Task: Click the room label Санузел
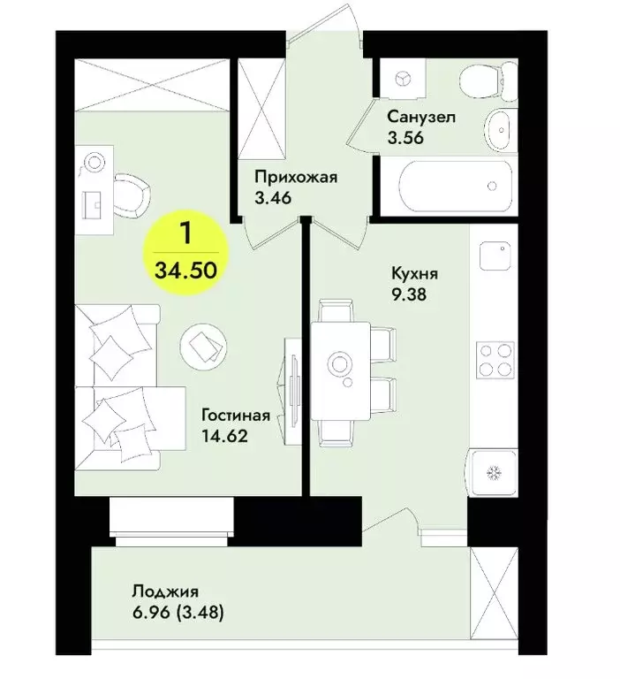[420, 117]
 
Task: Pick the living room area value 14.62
[223, 435]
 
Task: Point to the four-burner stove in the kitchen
[495, 358]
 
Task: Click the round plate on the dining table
[340, 363]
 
